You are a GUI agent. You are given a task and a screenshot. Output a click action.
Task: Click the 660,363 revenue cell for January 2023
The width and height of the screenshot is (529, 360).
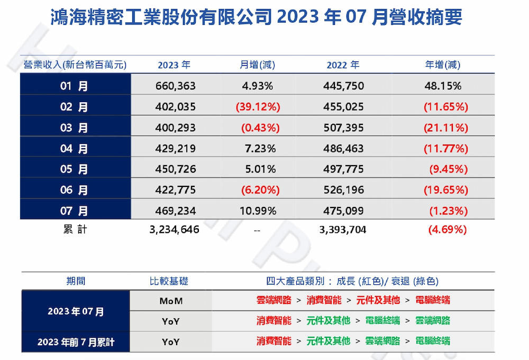click(x=176, y=86)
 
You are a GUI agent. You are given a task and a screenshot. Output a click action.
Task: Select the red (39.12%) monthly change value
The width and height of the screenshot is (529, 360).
click(x=258, y=107)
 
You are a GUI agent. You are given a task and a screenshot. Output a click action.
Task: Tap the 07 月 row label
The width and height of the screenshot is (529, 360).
click(x=75, y=211)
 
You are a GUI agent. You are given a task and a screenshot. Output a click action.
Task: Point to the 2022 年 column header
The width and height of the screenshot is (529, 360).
click(x=343, y=65)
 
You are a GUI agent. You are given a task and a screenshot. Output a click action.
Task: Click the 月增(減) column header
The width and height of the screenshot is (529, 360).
click(x=258, y=65)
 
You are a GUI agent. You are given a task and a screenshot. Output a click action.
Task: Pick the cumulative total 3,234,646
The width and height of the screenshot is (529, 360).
click(x=175, y=230)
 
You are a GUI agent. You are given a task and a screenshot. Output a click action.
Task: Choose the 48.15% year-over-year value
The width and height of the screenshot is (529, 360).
click(x=443, y=86)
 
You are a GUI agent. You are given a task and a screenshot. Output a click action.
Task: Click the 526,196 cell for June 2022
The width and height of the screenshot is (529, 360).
click(x=344, y=190)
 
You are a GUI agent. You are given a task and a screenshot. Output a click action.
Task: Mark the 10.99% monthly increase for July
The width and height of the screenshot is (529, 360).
click(x=258, y=211)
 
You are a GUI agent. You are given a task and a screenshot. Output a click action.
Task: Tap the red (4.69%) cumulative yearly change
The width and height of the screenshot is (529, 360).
click(x=447, y=230)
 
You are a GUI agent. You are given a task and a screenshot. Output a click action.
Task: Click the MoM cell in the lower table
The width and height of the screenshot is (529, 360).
click(x=170, y=301)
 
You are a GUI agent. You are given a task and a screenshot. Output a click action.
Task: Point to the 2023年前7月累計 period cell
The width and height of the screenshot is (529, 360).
click(x=76, y=342)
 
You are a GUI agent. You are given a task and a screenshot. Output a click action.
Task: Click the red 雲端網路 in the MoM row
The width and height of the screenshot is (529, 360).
click(x=273, y=300)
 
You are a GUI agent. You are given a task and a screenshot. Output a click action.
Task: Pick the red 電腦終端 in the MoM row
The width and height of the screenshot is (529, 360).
click(x=433, y=300)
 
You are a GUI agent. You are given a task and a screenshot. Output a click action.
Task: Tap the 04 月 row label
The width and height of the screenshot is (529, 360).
click(x=75, y=149)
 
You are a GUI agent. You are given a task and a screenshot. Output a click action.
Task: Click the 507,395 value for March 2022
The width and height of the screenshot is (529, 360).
click(x=344, y=128)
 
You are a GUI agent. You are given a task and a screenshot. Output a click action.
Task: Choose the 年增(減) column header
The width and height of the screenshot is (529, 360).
click(x=443, y=65)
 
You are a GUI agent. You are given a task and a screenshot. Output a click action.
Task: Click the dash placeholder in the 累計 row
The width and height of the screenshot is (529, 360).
click(x=257, y=231)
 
